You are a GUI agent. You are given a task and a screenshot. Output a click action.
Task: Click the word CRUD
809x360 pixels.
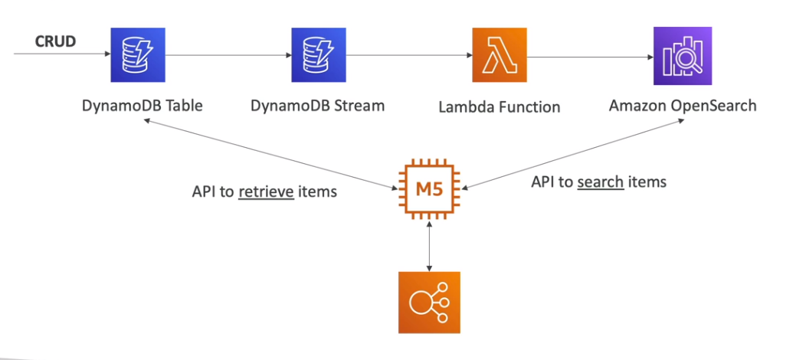(55, 41)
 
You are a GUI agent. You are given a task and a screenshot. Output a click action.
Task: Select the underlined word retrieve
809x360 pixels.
(266, 191)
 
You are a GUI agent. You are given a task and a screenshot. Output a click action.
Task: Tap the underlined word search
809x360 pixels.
(600, 182)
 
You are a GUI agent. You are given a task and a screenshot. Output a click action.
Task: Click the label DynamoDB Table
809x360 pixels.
(142, 106)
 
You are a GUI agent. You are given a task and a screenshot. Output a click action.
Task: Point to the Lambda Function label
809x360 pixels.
(499, 107)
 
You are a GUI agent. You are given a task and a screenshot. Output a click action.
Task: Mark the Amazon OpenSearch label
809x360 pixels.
(683, 105)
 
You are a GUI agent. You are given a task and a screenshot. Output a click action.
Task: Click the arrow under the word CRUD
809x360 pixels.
(61, 55)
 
